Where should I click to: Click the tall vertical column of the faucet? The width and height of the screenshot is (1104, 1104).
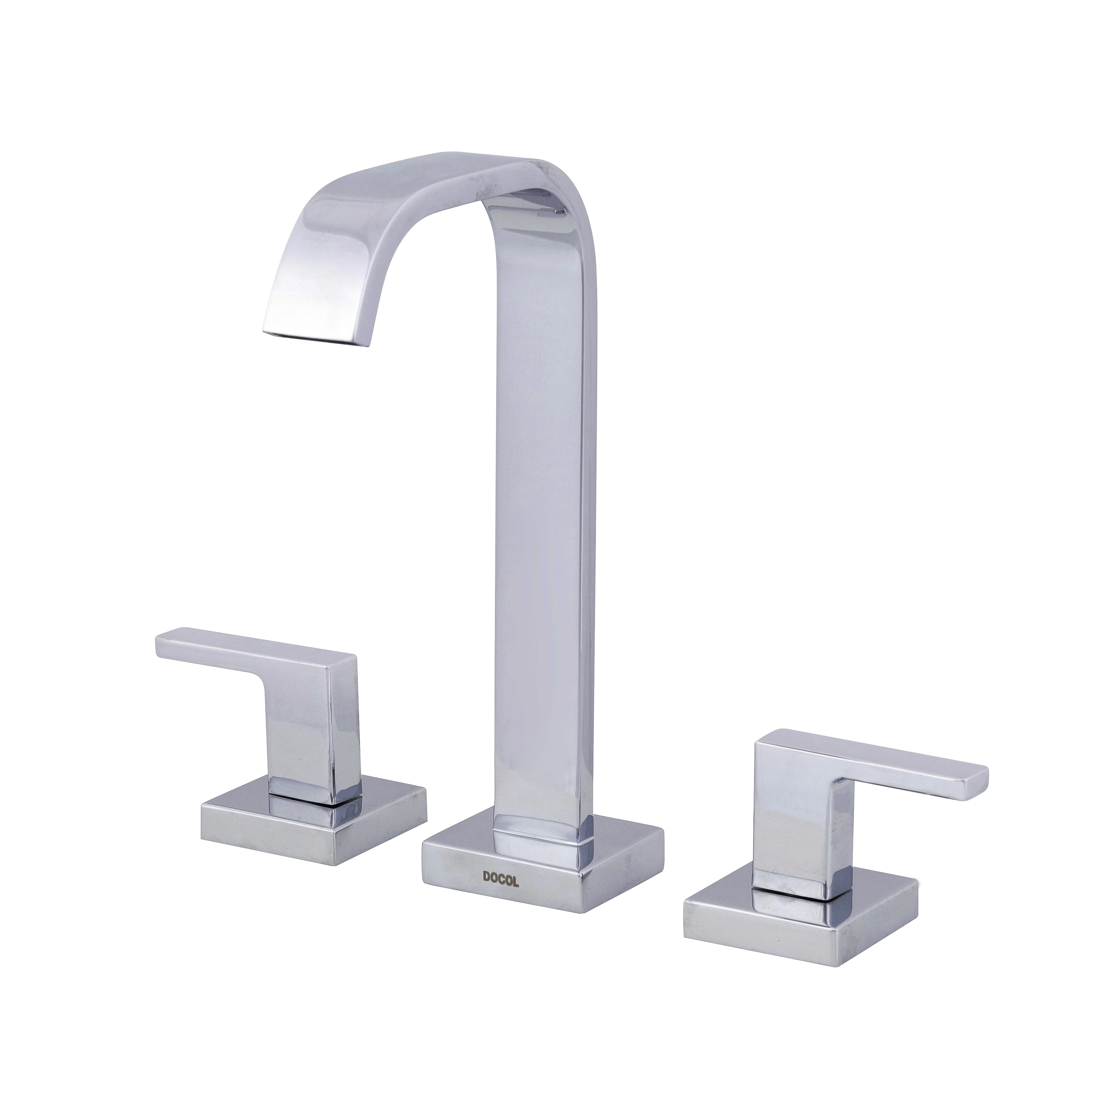(x=540, y=514)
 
